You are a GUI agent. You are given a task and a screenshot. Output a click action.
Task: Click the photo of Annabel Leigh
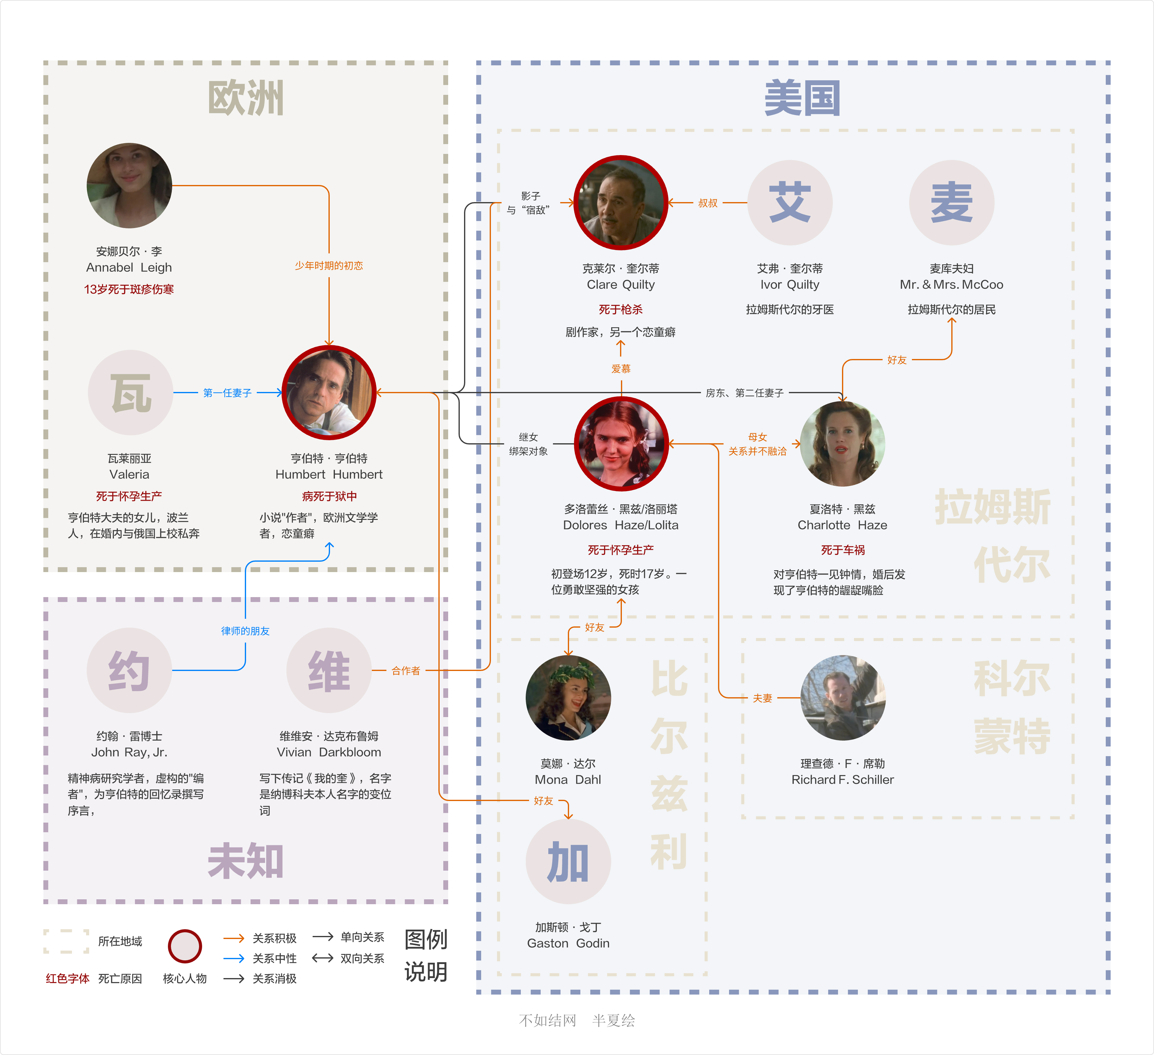(x=129, y=186)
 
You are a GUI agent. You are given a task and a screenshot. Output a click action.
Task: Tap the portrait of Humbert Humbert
(x=329, y=393)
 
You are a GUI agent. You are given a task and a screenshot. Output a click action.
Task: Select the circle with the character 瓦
(x=131, y=393)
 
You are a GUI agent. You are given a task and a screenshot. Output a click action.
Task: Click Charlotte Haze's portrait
(x=843, y=444)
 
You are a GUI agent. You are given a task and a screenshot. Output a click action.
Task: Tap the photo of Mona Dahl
(x=568, y=698)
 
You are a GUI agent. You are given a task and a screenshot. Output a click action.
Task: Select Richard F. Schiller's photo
(x=843, y=698)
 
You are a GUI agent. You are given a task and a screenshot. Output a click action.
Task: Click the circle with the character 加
(x=568, y=861)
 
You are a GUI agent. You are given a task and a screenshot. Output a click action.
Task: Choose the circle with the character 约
(x=129, y=670)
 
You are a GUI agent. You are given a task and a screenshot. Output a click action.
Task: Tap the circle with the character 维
(x=329, y=670)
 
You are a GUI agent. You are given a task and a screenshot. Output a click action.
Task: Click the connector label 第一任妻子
(x=227, y=393)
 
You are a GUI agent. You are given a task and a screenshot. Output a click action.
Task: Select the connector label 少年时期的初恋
(x=329, y=266)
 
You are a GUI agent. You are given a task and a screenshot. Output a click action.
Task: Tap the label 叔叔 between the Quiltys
(x=708, y=203)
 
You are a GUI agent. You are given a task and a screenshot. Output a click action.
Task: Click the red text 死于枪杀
(x=621, y=310)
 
